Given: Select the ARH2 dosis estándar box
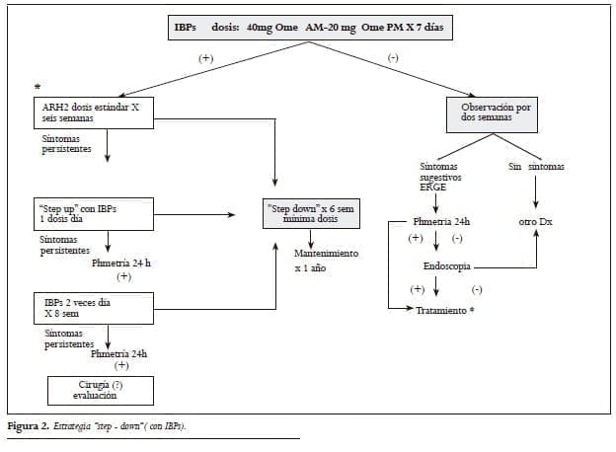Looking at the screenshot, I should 92,113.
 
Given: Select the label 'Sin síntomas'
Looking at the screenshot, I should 536,167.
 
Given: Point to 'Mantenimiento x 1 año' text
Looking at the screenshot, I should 325,261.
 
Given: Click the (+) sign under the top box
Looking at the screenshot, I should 205,58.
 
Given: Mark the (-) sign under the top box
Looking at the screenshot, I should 393,58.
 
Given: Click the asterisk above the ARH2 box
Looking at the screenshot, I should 38,88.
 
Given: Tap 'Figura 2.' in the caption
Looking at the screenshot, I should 29,425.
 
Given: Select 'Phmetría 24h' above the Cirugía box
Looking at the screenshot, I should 119,353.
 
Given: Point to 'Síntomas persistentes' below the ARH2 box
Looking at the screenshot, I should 65,144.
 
